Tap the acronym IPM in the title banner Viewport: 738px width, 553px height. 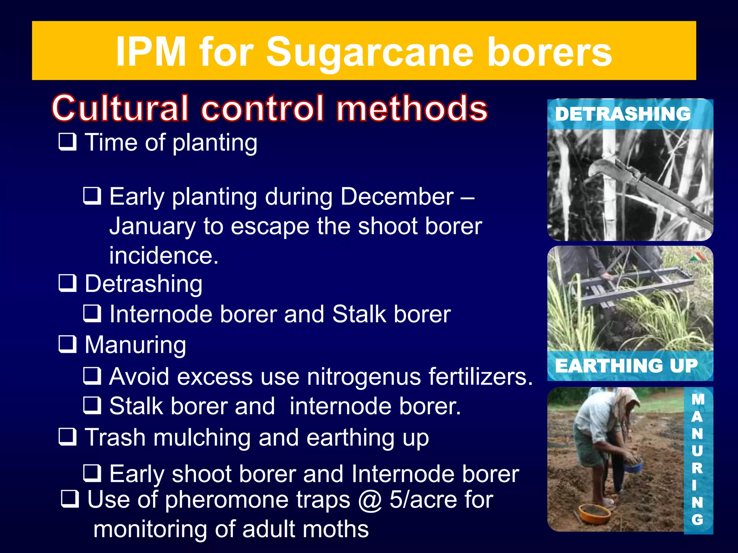click(151, 52)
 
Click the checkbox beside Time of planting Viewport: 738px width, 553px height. click(68, 141)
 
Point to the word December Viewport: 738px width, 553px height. click(397, 197)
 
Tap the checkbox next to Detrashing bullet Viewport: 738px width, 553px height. click(68, 283)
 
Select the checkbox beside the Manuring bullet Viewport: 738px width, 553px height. click(68, 344)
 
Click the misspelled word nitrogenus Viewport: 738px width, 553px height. click(363, 377)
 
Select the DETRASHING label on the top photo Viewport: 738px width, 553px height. click(623, 114)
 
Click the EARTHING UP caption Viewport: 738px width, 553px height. click(626, 366)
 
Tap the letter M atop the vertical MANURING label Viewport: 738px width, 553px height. click(698, 399)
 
